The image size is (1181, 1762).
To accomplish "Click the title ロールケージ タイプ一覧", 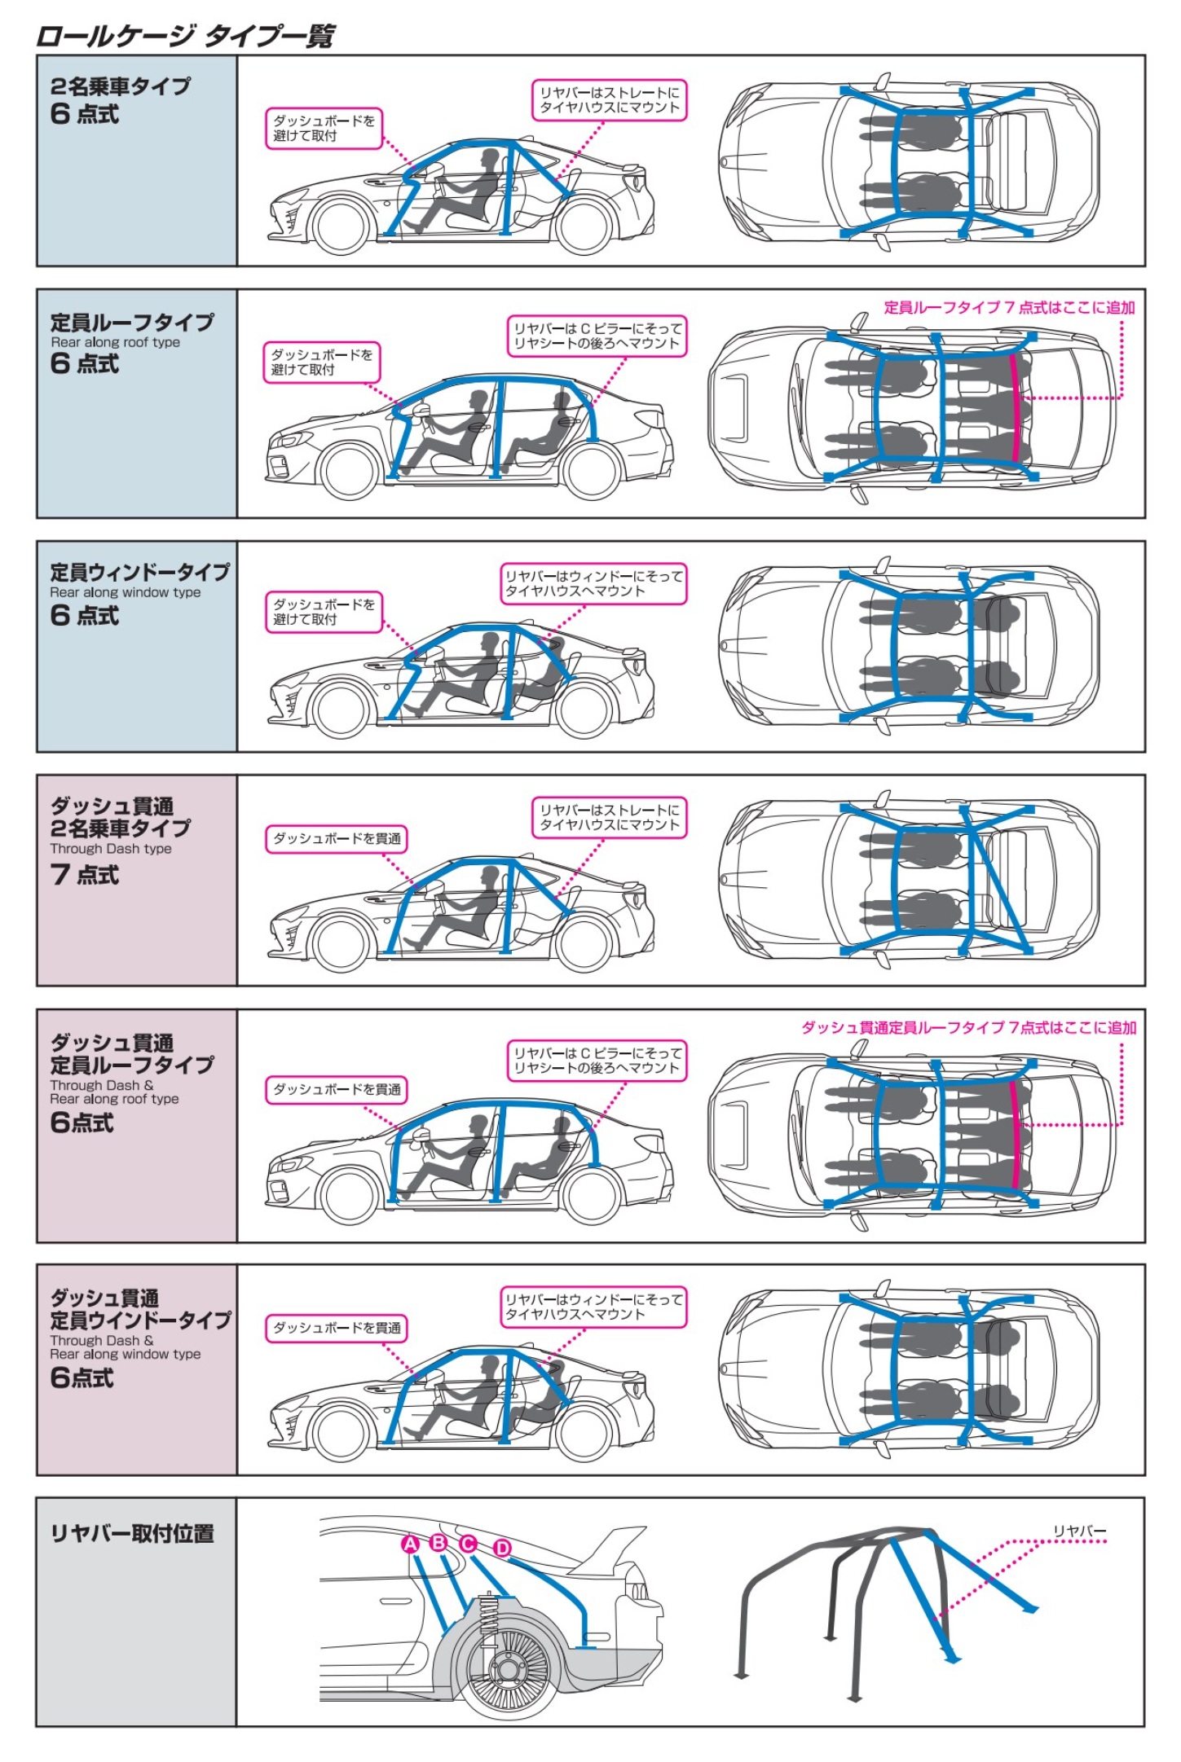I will (x=184, y=36).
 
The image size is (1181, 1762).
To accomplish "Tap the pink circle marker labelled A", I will (x=411, y=1544).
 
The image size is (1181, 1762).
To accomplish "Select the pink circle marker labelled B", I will (x=438, y=1542).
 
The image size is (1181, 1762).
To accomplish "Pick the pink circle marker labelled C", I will (x=468, y=1544).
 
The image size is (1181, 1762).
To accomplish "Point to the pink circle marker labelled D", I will (x=502, y=1548).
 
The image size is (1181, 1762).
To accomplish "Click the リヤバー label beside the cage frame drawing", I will (x=1079, y=1531).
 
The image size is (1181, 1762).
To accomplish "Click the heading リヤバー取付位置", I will (x=132, y=1534).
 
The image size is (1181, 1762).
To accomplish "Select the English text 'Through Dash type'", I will (x=111, y=849).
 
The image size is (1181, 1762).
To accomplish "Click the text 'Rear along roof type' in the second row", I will (x=115, y=342).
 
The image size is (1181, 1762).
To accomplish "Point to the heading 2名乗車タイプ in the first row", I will (x=121, y=86).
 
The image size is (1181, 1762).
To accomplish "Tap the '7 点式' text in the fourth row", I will (x=85, y=875).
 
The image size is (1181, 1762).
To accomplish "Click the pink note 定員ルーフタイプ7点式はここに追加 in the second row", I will (x=1009, y=307).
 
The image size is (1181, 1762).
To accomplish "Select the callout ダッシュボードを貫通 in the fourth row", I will (x=337, y=838).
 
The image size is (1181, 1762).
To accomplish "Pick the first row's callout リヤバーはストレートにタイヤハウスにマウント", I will (x=609, y=100).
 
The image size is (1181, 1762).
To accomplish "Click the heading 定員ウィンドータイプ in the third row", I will (x=139, y=571).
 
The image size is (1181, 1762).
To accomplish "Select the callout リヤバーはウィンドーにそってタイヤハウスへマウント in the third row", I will (x=593, y=583).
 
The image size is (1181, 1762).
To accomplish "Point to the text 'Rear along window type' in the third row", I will (x=125, y=592).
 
